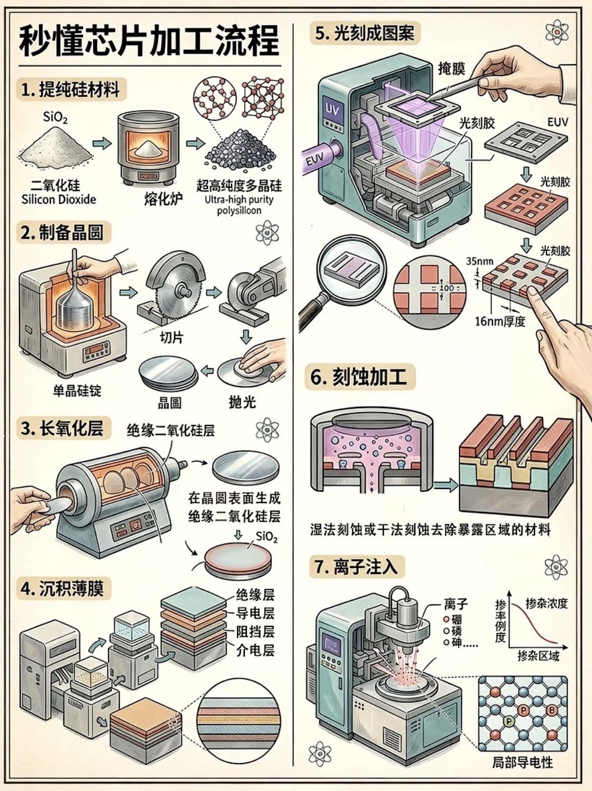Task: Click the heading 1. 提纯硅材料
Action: [x=71, y=90]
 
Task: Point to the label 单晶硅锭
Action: [x=77, y=391]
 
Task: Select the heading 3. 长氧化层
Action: [x=62, y=429]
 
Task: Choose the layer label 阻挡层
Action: [x=255, y=631]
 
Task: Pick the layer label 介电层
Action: [x=255, y=650]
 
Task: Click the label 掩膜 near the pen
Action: [x=451, y=69]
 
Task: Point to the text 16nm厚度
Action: [x=500, y=321]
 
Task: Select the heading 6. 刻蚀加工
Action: [x=359, y=377]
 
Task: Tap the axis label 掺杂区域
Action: [x=538, y=656]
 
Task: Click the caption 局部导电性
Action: [x=522, y=762]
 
